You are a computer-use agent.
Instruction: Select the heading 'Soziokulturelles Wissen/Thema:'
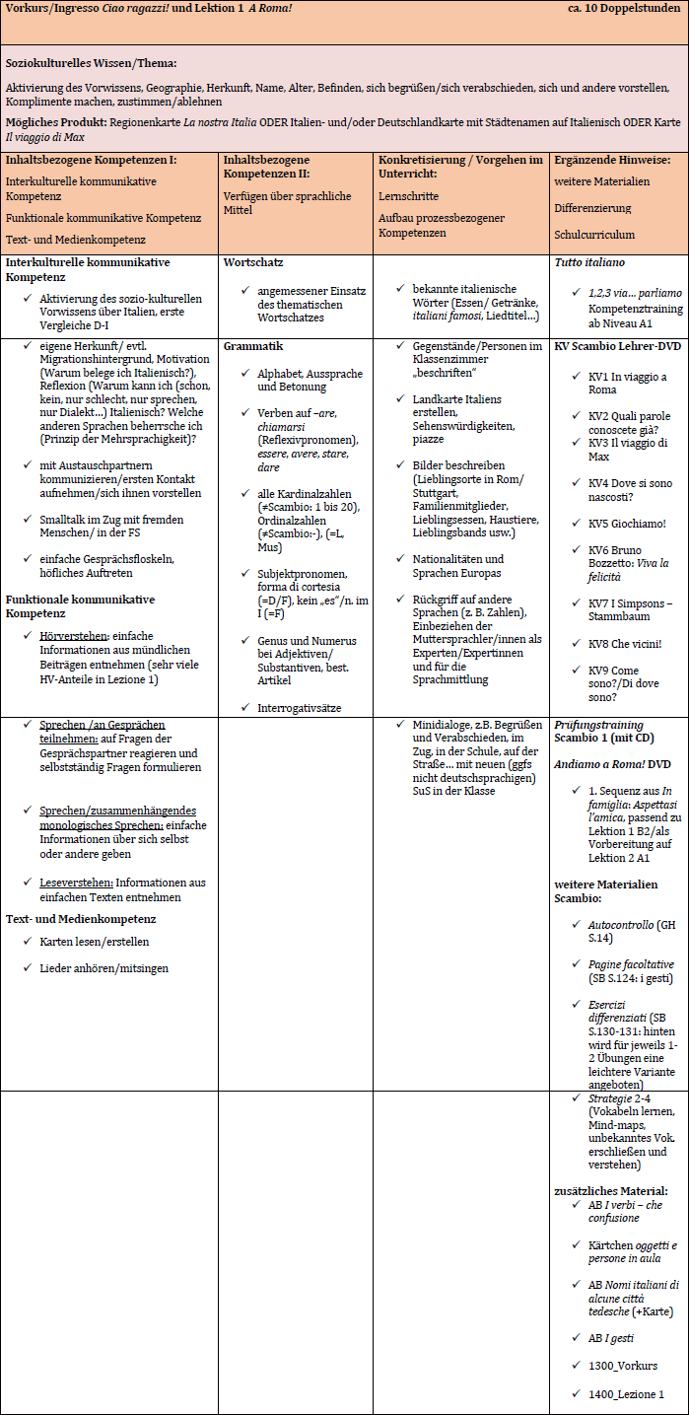(91, 63)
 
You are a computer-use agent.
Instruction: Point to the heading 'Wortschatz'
(253, 263)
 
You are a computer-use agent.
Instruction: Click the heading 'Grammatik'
(253, 347)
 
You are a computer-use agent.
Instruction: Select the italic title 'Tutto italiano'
(589, 263)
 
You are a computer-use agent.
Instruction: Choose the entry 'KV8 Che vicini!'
(625, 643)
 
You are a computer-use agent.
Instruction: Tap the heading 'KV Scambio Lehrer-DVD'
(617, 347)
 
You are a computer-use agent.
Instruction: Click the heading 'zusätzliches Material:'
(610, 1191)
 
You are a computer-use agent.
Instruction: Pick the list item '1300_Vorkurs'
(623, 1366)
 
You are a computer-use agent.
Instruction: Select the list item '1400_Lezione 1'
(626, 1394)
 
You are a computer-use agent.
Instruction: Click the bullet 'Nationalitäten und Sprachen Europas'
(457, 566)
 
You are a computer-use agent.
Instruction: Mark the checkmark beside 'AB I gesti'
(577, 1337)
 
